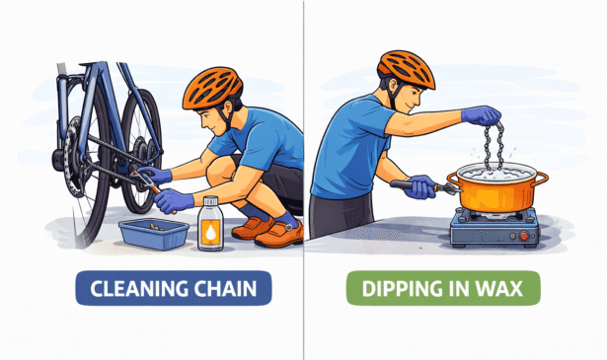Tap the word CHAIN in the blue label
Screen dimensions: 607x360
pyautogui.click(x=225, y=288)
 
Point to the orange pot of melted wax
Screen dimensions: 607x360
pyautogui.click(x=497, y=186)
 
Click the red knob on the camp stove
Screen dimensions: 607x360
pyautogui.click(x=524, y=236)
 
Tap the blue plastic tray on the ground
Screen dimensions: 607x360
pyautogui.click(x=154, y=234)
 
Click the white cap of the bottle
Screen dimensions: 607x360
pyautogui.click(x=210, y=200)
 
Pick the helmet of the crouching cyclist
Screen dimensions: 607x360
pyautogui.click(x=212, y=88)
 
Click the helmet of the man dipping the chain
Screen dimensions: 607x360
pyautogui.click(x=406, y=69)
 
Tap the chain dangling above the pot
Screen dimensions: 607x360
pyautogui.click(x=493, y=146)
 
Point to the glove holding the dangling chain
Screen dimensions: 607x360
pyautogui.click(x=481, y=114)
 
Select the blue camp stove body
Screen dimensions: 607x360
pyautogui.click(x=493, y=228)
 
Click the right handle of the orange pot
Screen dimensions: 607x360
pyautogui.click(x=542, y=178)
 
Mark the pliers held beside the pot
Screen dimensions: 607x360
pyautogui.click(x=425, y=186)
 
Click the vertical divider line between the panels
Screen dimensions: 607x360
pyautogui.click(x=304, y=180)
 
